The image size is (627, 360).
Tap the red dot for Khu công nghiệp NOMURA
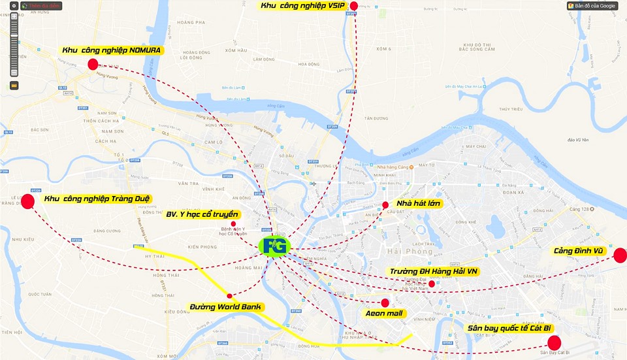[x=93, y=64]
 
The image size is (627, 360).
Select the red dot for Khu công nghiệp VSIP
[x=354, y=7]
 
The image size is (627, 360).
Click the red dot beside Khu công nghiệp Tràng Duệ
[x=28, y=201]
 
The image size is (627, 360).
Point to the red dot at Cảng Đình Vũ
[x=620, y=255]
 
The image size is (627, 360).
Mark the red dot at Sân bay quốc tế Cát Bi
[x=554, y=343]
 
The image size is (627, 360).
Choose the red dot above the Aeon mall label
[x=385, y=303]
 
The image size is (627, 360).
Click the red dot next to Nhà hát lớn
[x=385, y=205]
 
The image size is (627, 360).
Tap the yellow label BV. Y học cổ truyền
[x=202, y=214]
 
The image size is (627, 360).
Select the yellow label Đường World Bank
[x=225, y=307]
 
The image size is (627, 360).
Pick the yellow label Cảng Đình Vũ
[x=580, y=251]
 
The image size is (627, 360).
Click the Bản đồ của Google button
[x=592, y=6]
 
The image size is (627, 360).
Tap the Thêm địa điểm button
[x=42, y=5]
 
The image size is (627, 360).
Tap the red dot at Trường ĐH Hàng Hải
[x=432, y=284]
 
